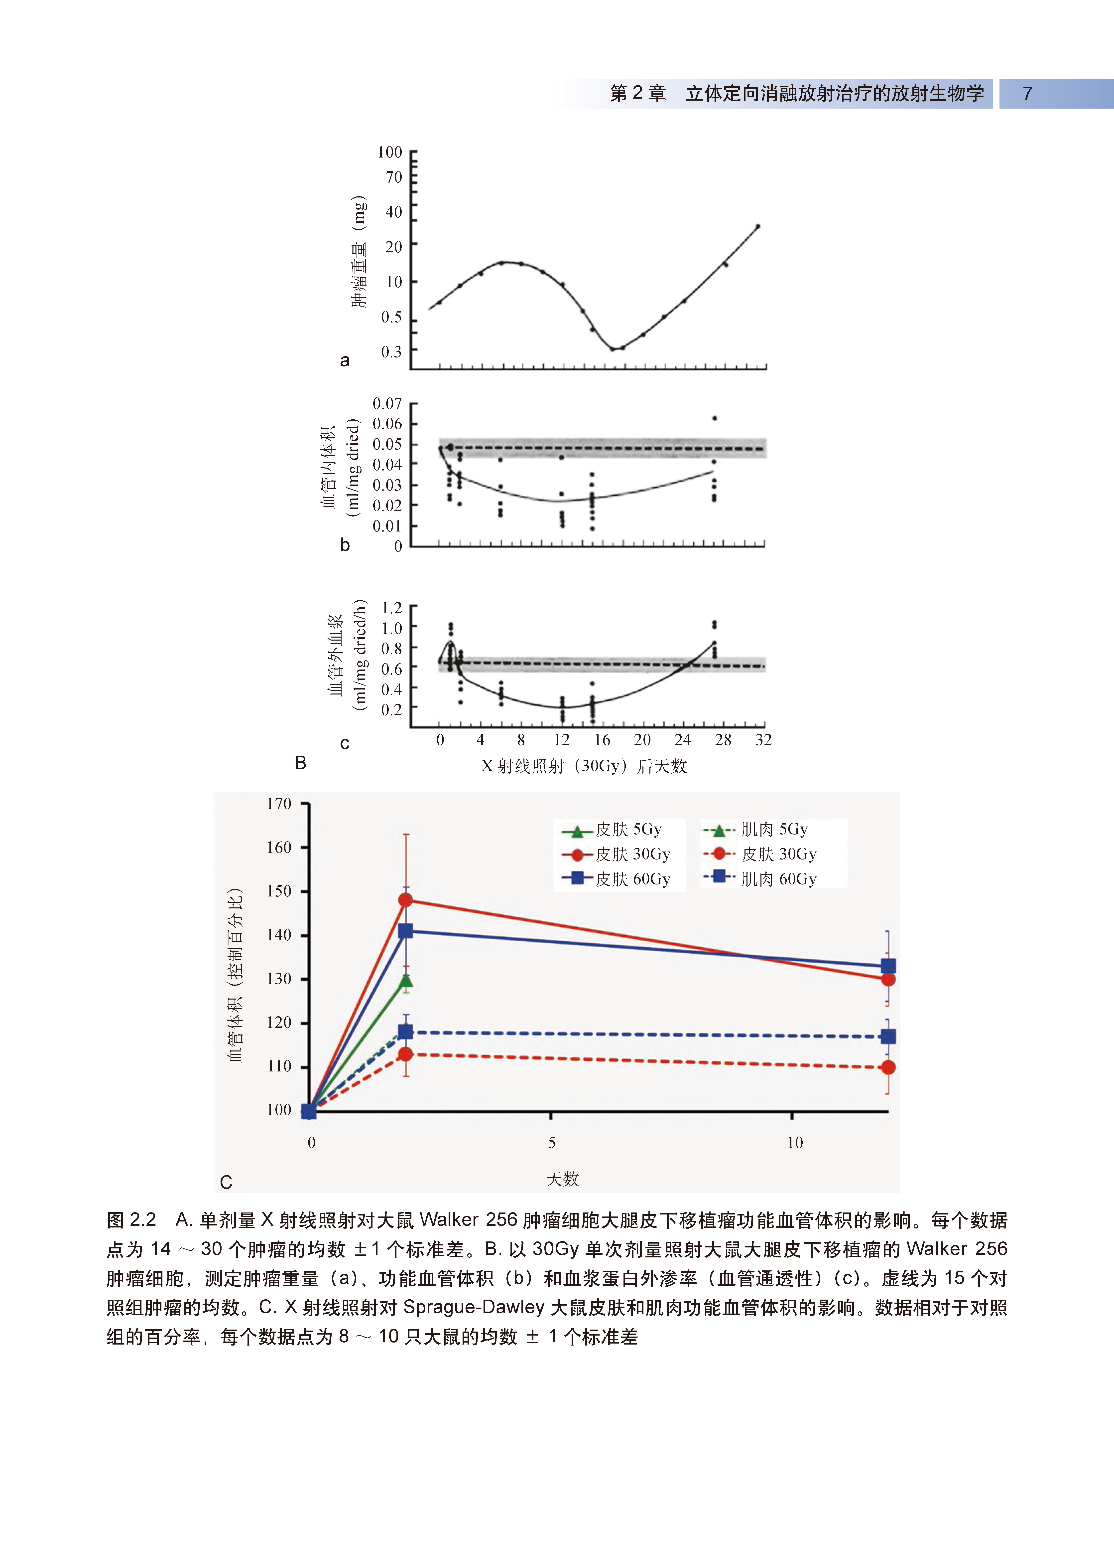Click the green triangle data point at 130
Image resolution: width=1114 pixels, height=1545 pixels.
coord(406,980)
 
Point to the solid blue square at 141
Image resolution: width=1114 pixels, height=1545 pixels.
coord(405,931)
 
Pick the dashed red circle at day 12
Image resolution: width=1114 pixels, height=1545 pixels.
coord(888,1067)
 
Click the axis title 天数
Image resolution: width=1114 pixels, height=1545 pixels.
coord(562,1179)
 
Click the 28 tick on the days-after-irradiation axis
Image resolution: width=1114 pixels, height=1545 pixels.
coord(723,740)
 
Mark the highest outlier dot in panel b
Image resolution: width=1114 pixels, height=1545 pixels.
coord(714,418)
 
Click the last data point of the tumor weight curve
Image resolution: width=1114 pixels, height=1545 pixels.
coord(758,227)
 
